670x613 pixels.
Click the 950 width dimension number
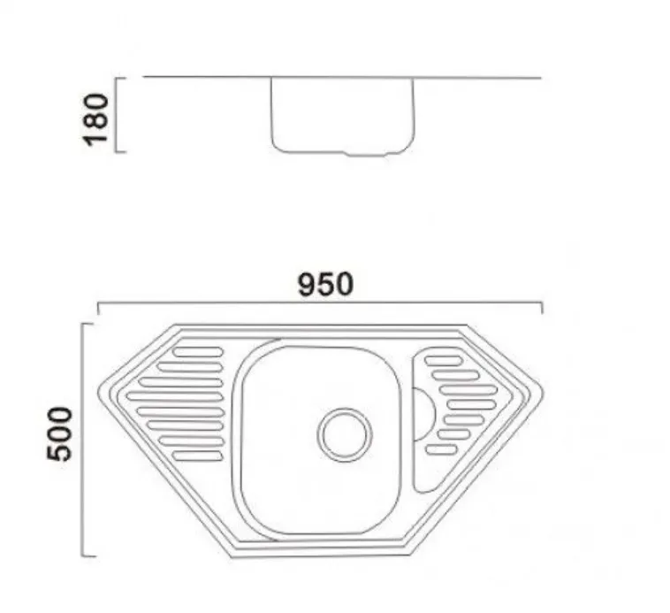[x=324, y=284]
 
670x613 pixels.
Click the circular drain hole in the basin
[x=343, y=433]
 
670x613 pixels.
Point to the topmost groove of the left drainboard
[x=197, y=353]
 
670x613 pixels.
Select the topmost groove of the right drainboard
[x=441, y=361]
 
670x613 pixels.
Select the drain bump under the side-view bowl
[x=366, y=153]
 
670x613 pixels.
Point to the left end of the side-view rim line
[x=145, y=78]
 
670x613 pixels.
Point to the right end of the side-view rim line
[x=539, y=78]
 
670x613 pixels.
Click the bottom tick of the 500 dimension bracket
[x=88, y=556]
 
